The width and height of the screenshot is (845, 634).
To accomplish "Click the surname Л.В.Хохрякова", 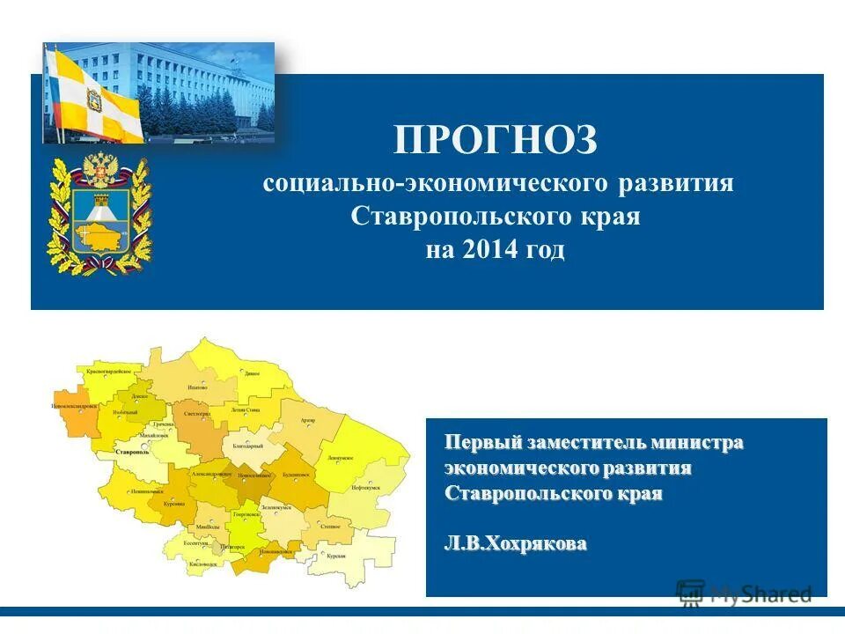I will (515, 544).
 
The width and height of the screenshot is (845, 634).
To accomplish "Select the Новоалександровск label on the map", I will (74, 407).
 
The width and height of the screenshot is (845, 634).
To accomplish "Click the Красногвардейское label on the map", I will (114, 373).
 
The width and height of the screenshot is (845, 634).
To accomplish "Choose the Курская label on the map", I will (335, 557).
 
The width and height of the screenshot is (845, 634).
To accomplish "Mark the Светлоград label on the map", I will (198, 413).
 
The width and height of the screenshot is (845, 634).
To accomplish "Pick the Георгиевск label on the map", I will (246, 513).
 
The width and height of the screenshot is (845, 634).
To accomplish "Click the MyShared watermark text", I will (760, 593).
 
